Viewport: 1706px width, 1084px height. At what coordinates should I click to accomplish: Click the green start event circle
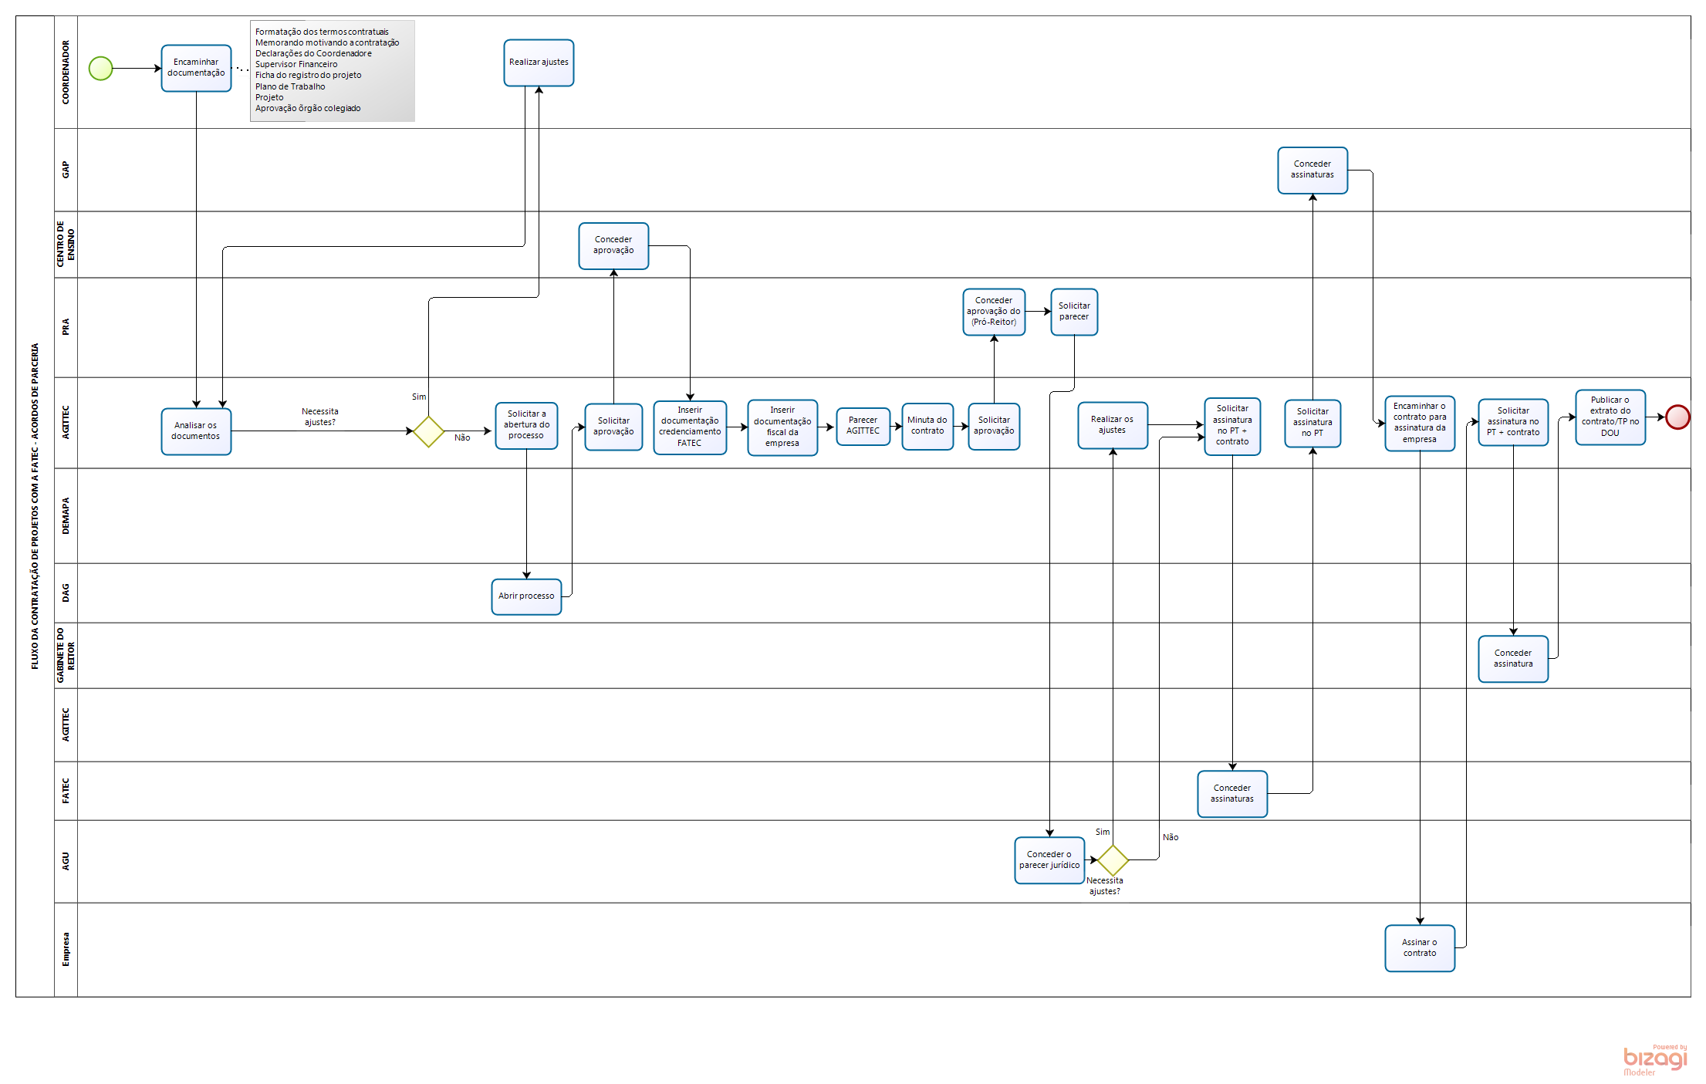pyautogui.click(x=100, y=69)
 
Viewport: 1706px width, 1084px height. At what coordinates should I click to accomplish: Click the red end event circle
pyautogui.click(x=1677, y=417)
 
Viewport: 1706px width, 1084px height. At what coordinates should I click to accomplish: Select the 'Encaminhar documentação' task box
pyautogui.click(x=196, y=68)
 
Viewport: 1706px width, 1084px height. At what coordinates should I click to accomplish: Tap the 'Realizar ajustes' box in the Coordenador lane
pyautogui.click(x=539, y=62)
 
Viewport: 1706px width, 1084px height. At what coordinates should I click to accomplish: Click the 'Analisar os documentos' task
pyautogui.click(x=196, y=431)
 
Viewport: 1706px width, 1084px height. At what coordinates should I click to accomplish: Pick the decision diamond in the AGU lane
pyautogui.click(x=1113, y=859)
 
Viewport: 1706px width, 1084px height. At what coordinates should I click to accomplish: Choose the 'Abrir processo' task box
pyautogui.click(x=526, y=596)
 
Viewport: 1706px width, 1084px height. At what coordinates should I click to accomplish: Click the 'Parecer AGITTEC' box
pyautogui.click(x=863, y=426)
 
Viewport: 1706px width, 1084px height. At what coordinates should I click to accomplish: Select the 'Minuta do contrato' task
pyautogui.click(x=927, y=426)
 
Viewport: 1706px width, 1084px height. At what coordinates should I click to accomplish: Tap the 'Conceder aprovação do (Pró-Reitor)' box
pyautogui.click(x=994, y=312)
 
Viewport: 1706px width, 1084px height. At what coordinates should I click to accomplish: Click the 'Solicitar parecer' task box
pyautogui.click(x=1074, y=312)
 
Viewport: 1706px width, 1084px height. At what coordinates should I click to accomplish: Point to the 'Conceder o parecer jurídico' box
pyautogui.click(x=1049, y=860)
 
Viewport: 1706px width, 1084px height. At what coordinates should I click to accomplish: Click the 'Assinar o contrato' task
pyautogui.click(x=1420, y=948)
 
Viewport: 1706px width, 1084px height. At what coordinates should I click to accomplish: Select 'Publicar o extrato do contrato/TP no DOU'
pyautogui.click(x=1610, y=417)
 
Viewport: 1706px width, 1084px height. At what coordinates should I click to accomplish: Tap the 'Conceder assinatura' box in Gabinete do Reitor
pyautogui.click(x=1513, y=659)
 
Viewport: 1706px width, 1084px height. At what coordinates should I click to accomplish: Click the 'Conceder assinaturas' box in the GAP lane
pyautogui.click(x=1312, y=170)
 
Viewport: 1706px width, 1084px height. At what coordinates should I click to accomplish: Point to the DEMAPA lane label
pyautogui.click(x=66, y=515)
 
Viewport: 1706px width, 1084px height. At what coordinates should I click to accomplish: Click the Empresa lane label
pyautogui.click(x=66, y=949)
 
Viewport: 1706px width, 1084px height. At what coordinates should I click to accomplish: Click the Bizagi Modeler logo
pyautogui.click(x=1654, y=1060)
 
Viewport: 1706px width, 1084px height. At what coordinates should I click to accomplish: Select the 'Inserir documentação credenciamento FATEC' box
pyautogui.click(x=690, y=427)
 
